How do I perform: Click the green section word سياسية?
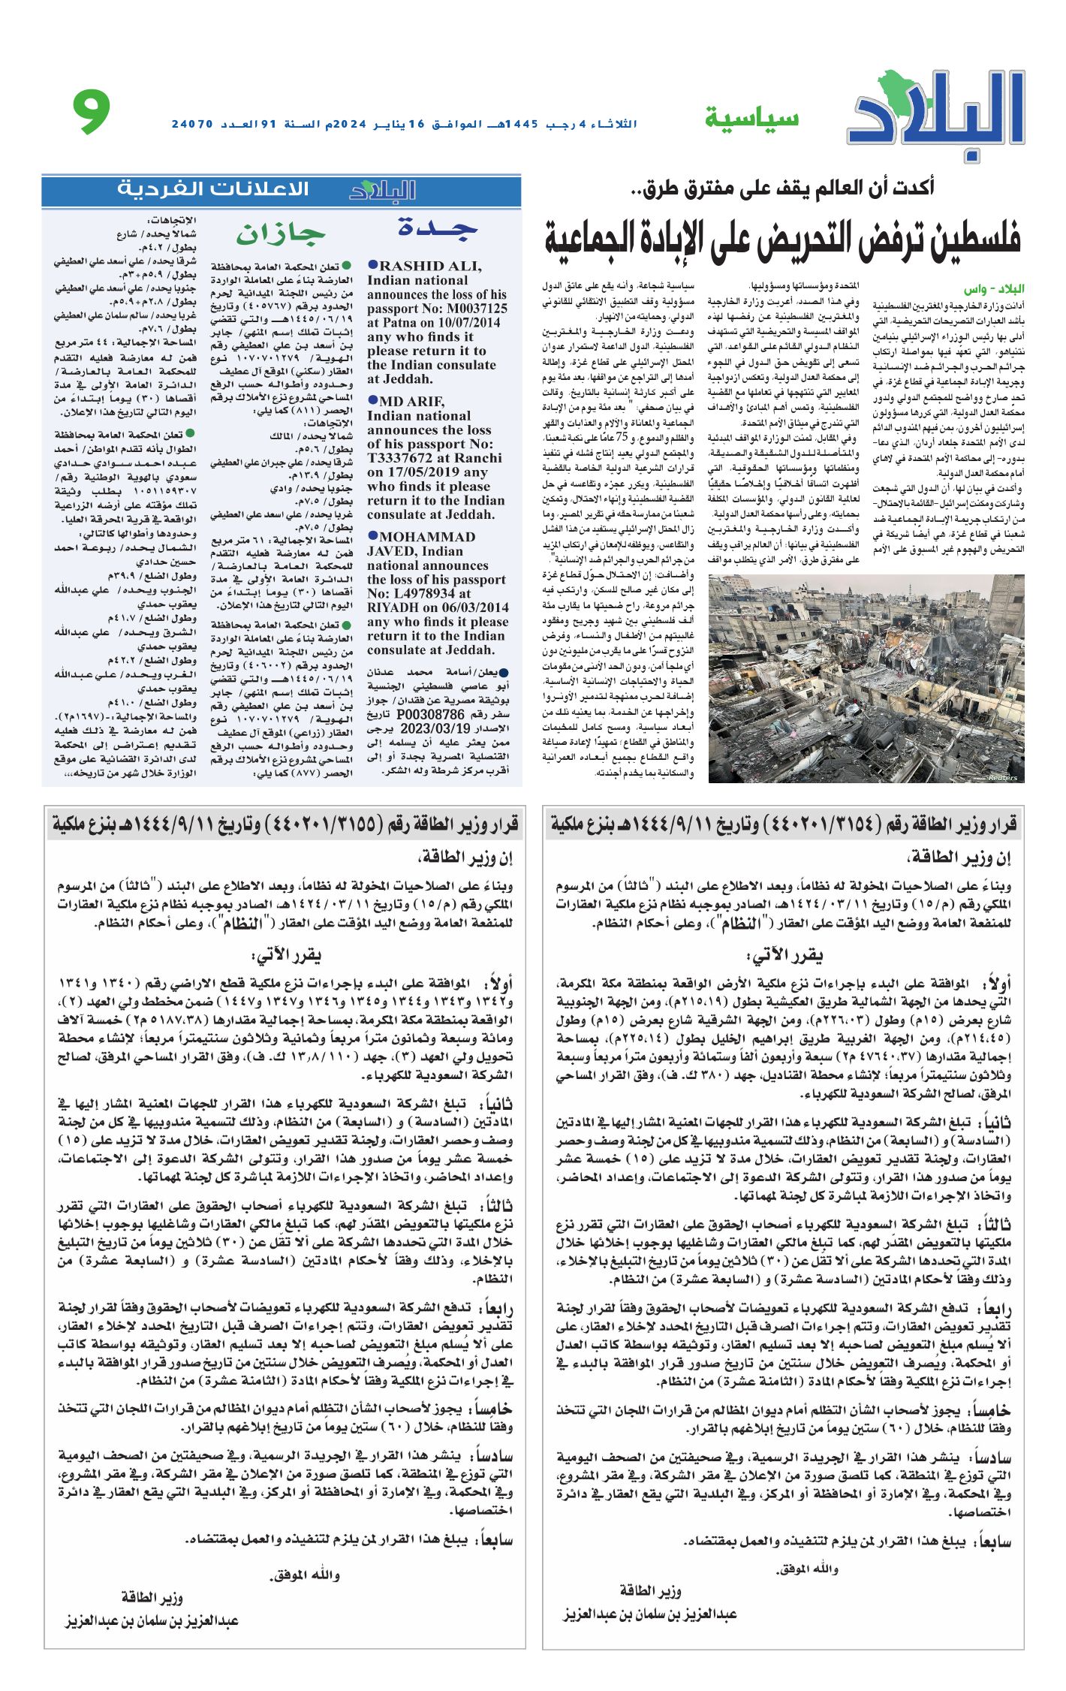(751, 119)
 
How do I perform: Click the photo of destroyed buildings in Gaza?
(866, 678)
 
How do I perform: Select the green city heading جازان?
(281, 234)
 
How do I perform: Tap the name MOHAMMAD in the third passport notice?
(427, 537)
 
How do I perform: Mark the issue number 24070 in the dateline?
(192, 123)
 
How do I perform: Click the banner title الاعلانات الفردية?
(212, 189)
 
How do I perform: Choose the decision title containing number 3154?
(783, 825)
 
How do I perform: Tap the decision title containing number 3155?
(285, 825)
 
